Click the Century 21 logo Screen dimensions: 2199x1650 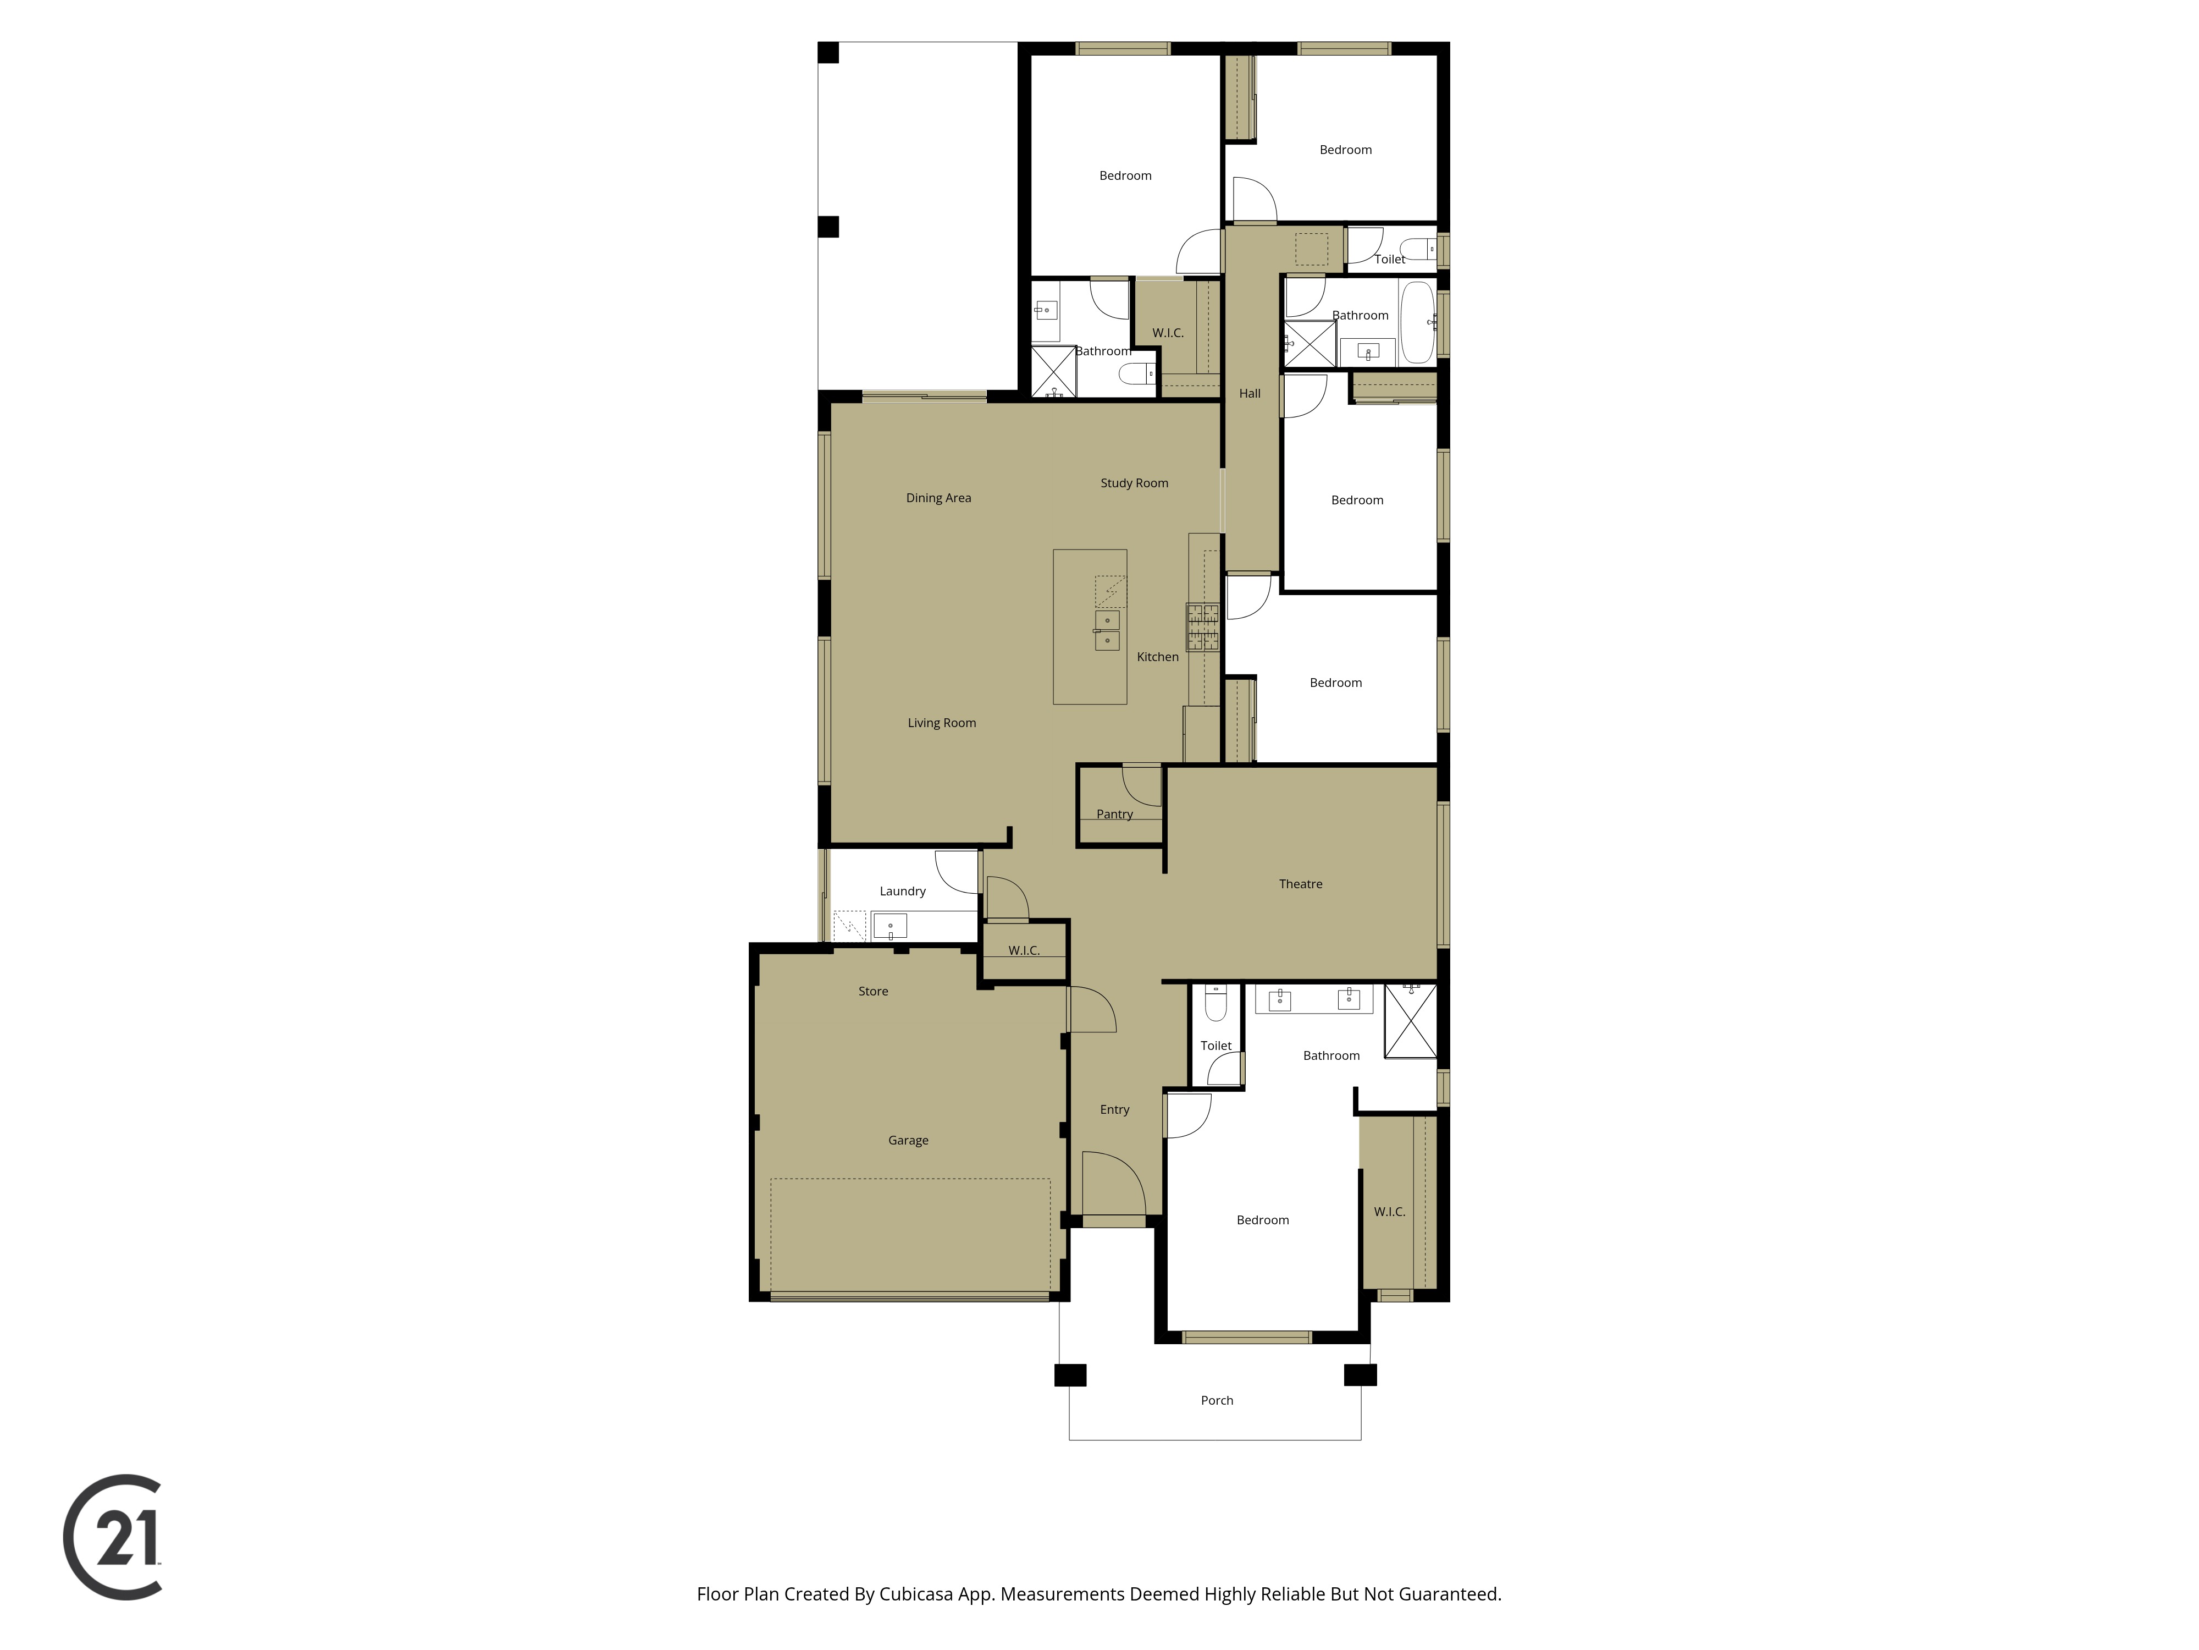[x=112, y=1537]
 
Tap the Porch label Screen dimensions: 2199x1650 [x=1217, y=1400]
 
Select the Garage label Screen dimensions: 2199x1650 [x=908, y=1141]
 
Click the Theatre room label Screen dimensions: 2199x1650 [x=1300, y=884]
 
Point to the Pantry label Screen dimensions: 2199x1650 [x=1114, y=815]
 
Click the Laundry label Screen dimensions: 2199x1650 [x=903, y=891]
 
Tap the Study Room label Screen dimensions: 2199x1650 [x=1134, y=483]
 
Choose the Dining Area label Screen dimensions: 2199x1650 [x=938, y=498]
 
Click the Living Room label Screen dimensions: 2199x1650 [x=941, y=723]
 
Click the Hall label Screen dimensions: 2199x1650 [x=1250, y=394]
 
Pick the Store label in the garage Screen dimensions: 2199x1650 [x=873, y=992]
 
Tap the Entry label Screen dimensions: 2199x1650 [x=1114, y=1110]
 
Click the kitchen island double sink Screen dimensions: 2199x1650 [x=1107, y=630]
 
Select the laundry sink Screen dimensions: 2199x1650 [x=889, y=927]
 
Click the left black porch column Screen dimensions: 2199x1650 [x=1070, y=1376]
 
